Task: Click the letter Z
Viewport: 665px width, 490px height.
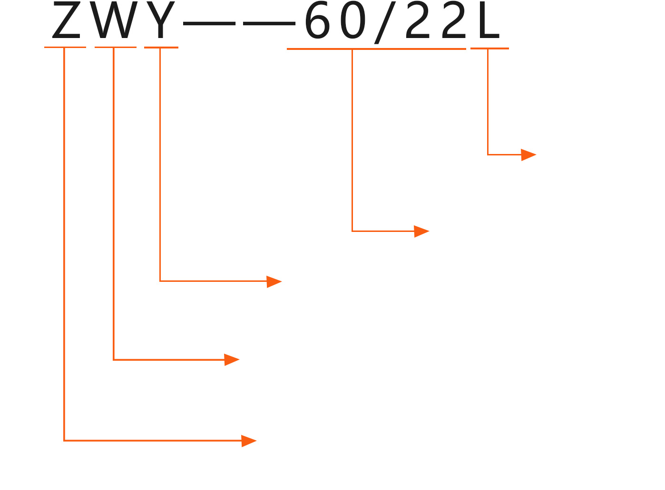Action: click(x=67, y=21)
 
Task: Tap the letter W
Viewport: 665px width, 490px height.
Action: click(x=113, y=21)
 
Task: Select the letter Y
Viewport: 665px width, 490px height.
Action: click(x=160, y=21)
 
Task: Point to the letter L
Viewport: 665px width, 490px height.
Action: click(x=489, y=22)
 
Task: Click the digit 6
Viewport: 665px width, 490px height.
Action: click(x=317, y=22)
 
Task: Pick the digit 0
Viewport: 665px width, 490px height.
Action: click(x=353, y=22)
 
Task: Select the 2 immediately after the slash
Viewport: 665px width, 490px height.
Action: click(x=418, y=22)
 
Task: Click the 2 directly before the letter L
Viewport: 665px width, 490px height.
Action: click(x=454, y=22)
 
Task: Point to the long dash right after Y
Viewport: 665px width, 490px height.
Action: click(x=209, y=22)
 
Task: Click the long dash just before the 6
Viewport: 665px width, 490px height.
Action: click(x=269, y=22)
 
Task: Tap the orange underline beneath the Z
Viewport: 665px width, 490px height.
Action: click(x=65, y=47)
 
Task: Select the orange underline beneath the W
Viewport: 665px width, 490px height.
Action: click(x=116, y=47)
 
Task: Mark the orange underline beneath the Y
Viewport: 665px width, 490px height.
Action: click(x=161, y=48)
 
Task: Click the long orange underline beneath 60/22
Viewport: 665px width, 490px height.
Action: click(x=376, y=48)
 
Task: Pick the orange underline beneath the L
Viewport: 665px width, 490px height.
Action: click(x=489, y=48)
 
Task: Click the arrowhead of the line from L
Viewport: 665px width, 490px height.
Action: click(x=528, y=154)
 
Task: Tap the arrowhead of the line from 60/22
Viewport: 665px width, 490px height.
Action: click(x=421, y=231)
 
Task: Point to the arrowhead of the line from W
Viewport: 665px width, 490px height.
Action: click(x=232, y=360)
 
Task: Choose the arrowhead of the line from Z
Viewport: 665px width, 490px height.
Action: click(x=249, y=441)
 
